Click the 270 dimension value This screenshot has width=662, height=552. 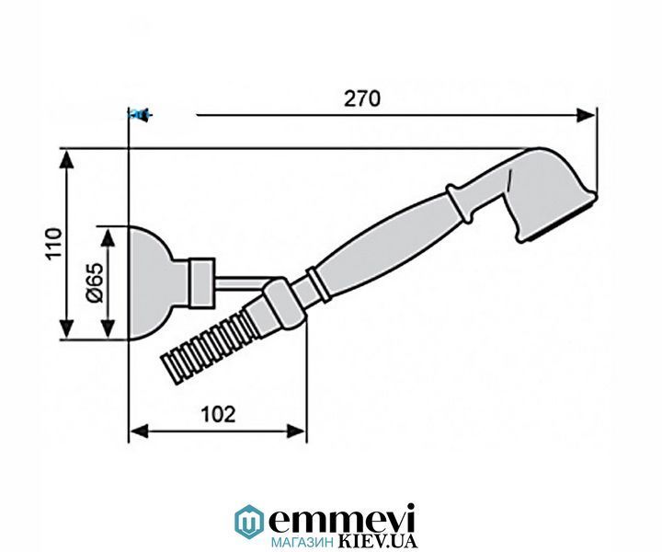(x=362, y=98)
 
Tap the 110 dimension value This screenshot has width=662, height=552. (x=54, y=244)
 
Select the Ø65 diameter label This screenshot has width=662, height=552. (x=95, y=282)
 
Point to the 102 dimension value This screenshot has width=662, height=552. (x=218, y=414)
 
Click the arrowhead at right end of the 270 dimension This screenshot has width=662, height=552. (x=586, y=115)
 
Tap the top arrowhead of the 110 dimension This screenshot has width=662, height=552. (x=67, y=159)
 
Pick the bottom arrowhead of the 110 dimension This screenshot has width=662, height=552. (x=67, y=329)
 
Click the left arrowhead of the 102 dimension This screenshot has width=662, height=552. (x=139, y=431)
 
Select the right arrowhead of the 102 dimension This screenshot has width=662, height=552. (x=295, y=431)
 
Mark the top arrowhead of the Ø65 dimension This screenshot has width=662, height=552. (x=108, y=237)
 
